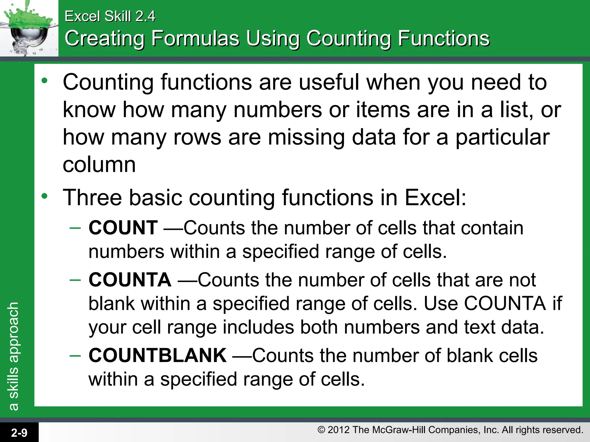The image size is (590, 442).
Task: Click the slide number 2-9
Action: coord(19,433)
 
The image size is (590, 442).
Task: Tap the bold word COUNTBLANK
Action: coord(157,355)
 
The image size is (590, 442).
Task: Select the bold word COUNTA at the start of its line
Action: coord(130,280)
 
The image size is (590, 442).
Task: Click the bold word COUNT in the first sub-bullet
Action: coord(123,228)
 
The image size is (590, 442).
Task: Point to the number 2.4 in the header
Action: coord(145,16)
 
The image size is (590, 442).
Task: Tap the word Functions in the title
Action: coord(444,38)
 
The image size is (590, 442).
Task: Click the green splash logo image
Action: coord(29,28)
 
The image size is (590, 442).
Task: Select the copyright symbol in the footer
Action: coord(321,430)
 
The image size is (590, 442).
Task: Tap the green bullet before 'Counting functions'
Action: coord(44,81)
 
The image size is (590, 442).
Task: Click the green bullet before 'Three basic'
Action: coord(44,196)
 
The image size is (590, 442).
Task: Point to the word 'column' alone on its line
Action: coord(99,165)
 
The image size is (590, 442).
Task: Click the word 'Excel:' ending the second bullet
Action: coord(435,198)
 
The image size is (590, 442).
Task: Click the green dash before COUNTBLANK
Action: coord(75,356)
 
